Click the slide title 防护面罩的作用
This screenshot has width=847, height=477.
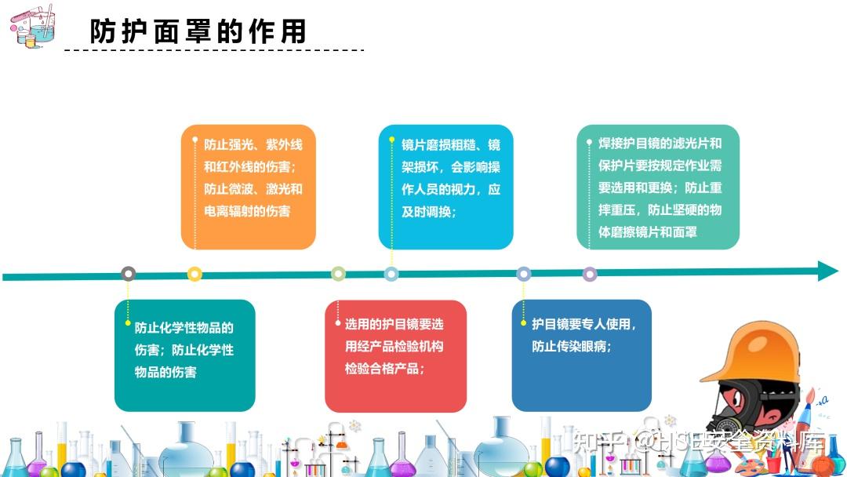pos(198,31)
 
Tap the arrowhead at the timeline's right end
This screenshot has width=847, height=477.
pos(827,271)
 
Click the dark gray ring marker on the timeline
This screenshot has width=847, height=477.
pos(128,274)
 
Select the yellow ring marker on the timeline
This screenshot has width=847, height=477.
pos(194,274)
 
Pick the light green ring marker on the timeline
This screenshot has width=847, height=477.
pos(338,274)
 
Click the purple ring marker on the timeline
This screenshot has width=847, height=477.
pos(590,275)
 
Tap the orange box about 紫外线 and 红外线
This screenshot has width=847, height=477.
pos(249,187)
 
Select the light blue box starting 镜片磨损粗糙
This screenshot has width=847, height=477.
pos(445,187)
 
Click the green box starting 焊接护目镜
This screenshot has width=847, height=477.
pos(658,187)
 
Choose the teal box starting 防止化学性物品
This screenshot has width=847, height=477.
pos(185,355)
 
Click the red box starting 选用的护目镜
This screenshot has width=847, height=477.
pos(395,356)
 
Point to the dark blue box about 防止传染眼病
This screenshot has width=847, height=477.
pos(582,355)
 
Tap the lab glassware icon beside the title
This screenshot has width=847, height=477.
pos(32,27)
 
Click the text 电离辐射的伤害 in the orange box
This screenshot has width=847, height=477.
pos(247,211)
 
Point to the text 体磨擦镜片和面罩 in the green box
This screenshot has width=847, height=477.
pos(648,232)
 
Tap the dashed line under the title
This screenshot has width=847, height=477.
pos(214,50)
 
